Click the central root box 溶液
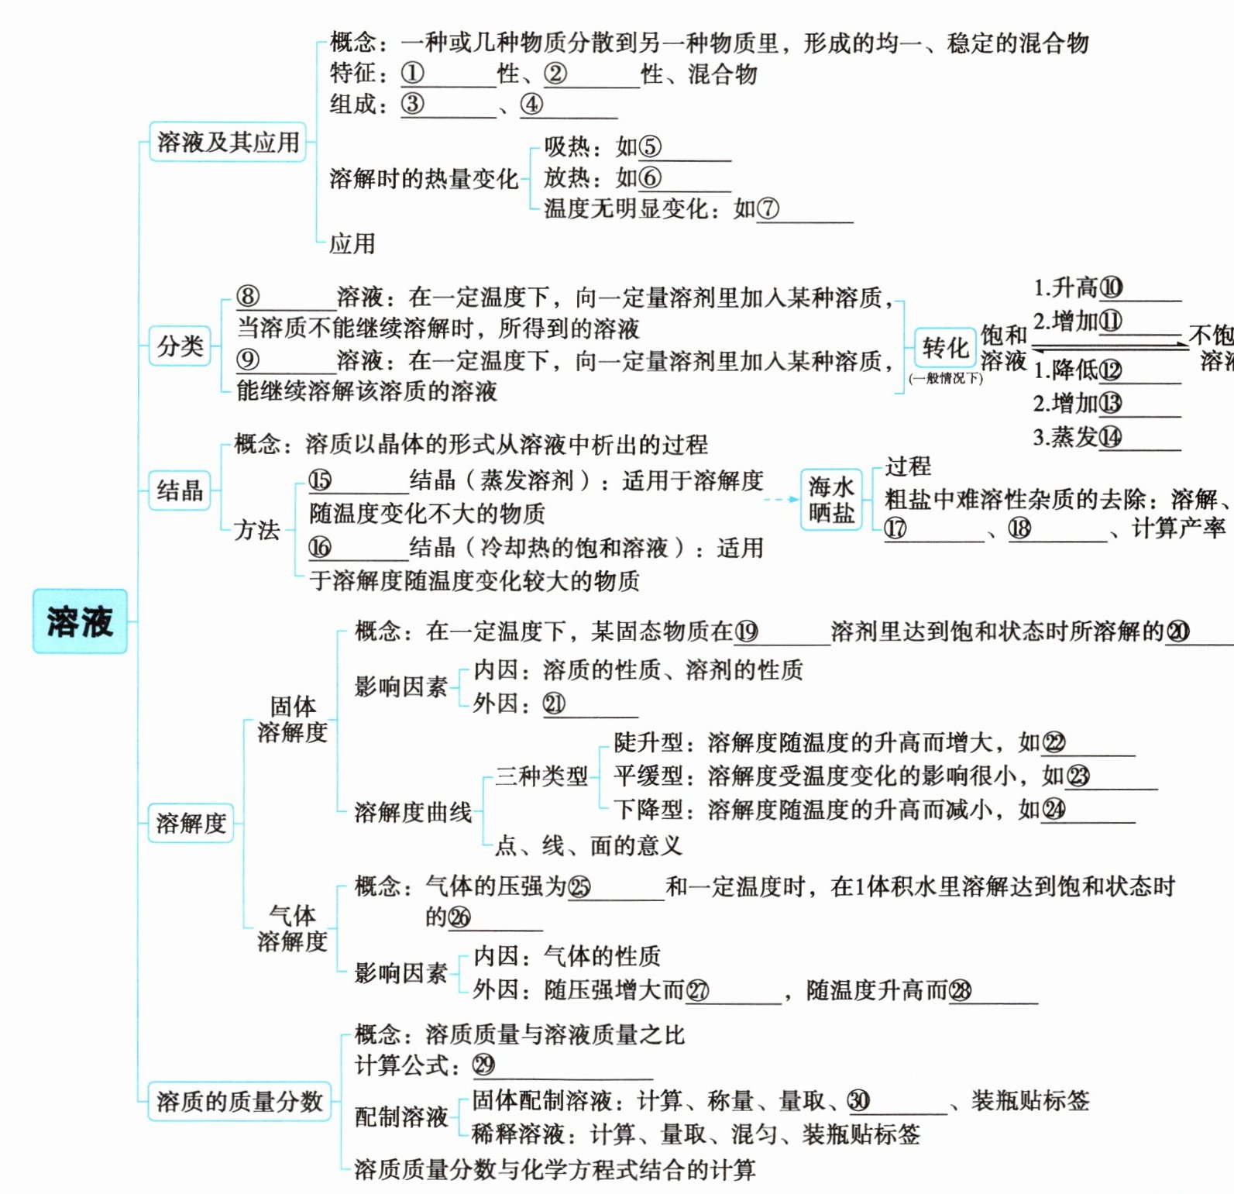(80, 621)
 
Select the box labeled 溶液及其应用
(228, 142)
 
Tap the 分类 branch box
(180, 346)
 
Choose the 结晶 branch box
(180, 490)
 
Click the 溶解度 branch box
(191, 822)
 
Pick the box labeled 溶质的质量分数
(239, 1101)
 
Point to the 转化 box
(945, 348)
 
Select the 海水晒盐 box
(831, 500)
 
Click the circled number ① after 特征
(412, 74)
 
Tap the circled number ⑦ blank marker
(768, 208)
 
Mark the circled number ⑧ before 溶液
(248, 297)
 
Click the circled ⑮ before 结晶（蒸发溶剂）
(320, 480)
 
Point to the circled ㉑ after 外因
(554, 704)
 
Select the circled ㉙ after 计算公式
(483, 1065)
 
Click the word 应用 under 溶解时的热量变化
(352, 244)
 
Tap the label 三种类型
(541, 776)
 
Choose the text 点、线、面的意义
(589, 845)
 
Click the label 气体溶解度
(292, 928)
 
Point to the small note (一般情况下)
(945, 378)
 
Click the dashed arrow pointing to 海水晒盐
(781, 500)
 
